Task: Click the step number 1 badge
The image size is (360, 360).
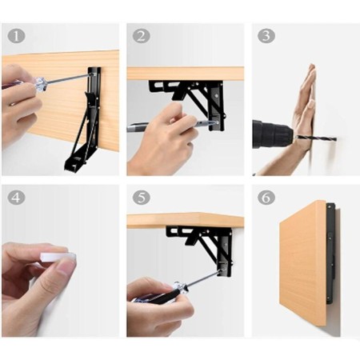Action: point(16,36)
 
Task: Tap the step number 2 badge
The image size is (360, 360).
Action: point(142,36)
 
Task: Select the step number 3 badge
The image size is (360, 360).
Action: point(266,36)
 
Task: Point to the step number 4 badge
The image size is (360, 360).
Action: point(16,198)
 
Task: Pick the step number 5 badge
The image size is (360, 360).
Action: point(142,198)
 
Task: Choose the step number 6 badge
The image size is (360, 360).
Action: point(266,198)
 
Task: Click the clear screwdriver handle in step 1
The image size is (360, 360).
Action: point(41,84)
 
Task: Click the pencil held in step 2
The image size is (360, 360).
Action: point(170,126)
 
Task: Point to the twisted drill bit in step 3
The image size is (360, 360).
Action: point(316,138)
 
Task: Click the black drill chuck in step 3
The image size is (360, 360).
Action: point(274,134)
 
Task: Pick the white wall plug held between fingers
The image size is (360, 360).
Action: point(58,257)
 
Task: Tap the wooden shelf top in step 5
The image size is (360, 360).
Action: point(186,220)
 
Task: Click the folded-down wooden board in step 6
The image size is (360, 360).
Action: point(302,264)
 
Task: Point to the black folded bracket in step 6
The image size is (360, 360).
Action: point(330,254)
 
